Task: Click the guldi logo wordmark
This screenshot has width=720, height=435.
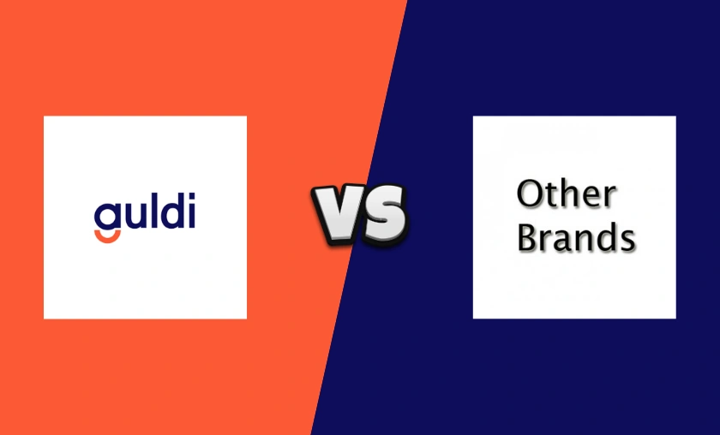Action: pyautogui.click(x=145, y=215)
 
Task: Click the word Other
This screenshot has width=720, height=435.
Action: pyautogui.click(x=566, y=195)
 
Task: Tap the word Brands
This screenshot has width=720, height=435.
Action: pyautogui.click(x=575, y=239)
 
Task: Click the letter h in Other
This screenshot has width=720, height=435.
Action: pyautogui.click(x=568, y=194)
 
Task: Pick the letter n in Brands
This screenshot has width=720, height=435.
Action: pyautogui.click(x=582, y=241)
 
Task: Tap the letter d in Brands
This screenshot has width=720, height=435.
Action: pyautogui.click(x=605, y=239)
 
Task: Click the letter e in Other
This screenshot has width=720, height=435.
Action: pyautogui.click(x=591, y=199)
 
